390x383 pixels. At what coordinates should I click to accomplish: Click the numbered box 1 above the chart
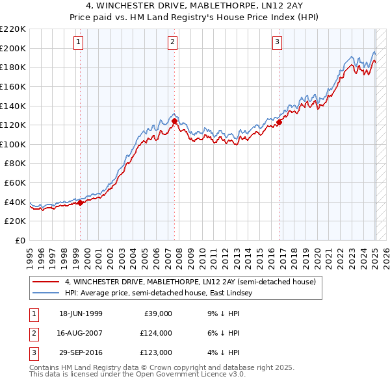coord(78,43)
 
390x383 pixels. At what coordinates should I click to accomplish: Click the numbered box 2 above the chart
coord(173,43)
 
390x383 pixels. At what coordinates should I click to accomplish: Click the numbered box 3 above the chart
coord(277,43)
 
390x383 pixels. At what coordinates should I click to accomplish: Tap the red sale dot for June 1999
coord(81,203)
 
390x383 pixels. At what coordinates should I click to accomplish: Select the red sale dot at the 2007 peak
coord(174,121)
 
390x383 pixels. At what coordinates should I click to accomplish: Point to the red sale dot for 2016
coord(279,121)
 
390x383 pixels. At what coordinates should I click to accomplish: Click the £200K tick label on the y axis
coord(13,48)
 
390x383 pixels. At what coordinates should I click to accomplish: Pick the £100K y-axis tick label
coord(13,144)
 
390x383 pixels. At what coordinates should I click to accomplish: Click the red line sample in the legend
coord(46,282)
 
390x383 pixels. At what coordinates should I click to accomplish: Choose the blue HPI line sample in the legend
coord(46,293)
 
